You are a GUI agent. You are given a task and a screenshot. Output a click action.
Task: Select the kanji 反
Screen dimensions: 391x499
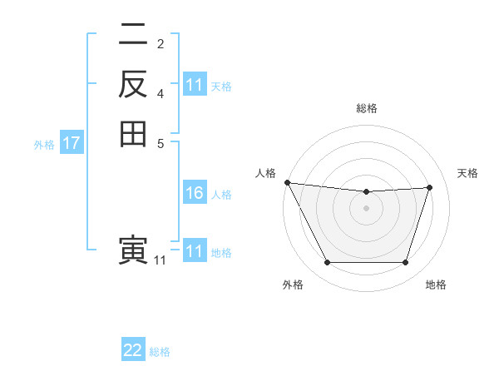133,85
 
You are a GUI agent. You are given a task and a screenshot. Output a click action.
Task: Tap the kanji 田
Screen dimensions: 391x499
133,133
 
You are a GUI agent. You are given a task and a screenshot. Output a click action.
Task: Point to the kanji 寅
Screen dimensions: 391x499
133,251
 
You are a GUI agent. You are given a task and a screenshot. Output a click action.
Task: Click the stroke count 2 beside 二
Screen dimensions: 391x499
161,44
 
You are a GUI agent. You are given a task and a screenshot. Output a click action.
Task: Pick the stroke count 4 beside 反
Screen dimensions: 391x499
161,94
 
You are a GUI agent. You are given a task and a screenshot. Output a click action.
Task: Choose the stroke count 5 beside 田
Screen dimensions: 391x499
161,142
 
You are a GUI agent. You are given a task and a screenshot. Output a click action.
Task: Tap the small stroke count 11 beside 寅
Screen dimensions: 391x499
160,260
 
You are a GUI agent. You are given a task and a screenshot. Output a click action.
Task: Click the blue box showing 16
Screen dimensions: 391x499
194,194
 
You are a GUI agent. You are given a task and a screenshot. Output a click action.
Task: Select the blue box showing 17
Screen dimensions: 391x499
72,144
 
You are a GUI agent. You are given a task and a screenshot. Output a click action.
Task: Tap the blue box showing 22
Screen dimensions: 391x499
133,350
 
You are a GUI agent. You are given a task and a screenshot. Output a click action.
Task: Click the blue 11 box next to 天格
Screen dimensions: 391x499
194,86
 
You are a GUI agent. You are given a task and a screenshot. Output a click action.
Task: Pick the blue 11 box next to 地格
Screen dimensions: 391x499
194,251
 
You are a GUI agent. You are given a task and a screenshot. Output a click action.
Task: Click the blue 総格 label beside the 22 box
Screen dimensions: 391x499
160,352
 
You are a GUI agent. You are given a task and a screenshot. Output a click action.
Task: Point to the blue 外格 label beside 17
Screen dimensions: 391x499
44,145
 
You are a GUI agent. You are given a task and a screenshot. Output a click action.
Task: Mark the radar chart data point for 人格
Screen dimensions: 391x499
287,182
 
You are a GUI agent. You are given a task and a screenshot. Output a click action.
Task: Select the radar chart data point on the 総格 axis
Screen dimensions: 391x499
366,192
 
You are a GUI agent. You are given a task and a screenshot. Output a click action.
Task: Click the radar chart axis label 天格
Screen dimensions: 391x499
467,173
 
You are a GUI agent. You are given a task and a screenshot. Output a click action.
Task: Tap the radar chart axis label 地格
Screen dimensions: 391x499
436,285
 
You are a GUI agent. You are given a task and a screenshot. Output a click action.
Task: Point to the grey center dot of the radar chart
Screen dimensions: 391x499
366,208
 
